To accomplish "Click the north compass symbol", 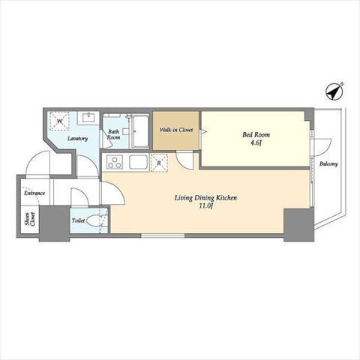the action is pyautogui.click(x=335, y=91).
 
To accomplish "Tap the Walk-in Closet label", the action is pyautogui.click(x=176, y=130).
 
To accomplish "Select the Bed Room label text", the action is pyautogui.click(x=256, y=135).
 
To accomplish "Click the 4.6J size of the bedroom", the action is pyautogui.click(x=256, y=143).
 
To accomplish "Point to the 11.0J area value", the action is pyautogui.click(x=206, y=206).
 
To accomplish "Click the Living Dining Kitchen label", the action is pyautogui.click(x=205, y=198).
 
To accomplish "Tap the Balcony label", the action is pyautogui.click(x=328, y=164).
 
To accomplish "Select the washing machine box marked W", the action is pyautogui.click(x=59, y=121).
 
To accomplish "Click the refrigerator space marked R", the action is pyautogui.click(x=159, y=163).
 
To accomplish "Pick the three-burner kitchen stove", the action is pyautogui.click(x=115, y=162).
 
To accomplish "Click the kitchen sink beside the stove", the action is pyautogui.click(x=138, y=162).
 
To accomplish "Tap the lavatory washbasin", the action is pyautogui.click(x=88, y=118).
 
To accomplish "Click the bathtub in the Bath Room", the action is pyautogui.click(x=140, y=132).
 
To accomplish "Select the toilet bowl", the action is pyautogui.click(x=93, y=220).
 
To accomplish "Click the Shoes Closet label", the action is pyautogui.click(x=30, y=219).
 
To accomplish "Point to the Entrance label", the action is pyautogui.click(x=34, y=193).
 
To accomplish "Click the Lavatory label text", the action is pyautogui.click(x=77, y=139).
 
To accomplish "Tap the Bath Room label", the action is pyautogui.click(x=114, y=134).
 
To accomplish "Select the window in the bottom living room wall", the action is pyautogui.click(x=163, y=235).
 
